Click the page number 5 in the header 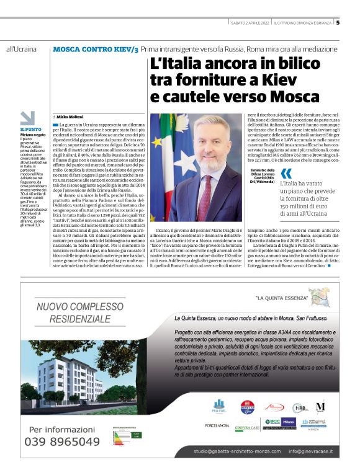tap(338, 24)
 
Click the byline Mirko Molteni tap(73, 116)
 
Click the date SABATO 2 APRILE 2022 tap(246, 24)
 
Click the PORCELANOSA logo tap(217, 425)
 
